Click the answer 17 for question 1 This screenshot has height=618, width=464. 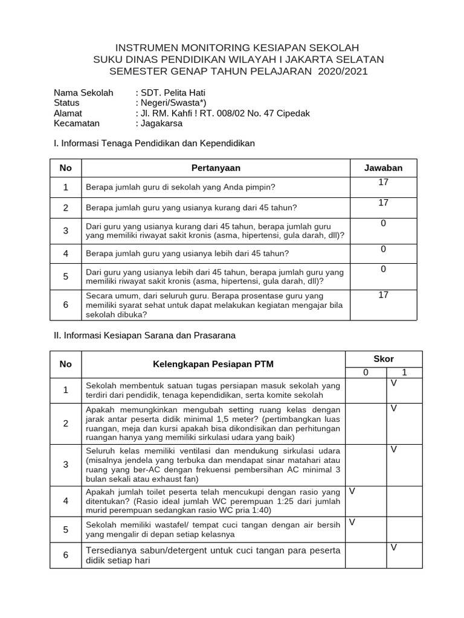[383, 182]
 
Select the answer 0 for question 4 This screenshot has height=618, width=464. [383, 249]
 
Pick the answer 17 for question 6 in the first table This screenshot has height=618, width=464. [383, 295]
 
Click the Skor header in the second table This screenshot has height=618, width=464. [383, 358]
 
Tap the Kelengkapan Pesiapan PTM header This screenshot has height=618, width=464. [213, 364]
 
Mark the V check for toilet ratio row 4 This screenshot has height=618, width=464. [352, 491]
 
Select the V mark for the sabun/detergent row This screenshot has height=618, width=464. [393, 547]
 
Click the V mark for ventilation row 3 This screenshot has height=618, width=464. [393, 449]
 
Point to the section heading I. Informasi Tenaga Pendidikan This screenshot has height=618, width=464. [154, 144]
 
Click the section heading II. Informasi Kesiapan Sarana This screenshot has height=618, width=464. [144, 334]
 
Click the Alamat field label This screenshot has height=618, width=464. [68, 113]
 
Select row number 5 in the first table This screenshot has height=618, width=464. [66, 276]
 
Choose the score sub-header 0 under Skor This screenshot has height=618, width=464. [366, 373]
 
